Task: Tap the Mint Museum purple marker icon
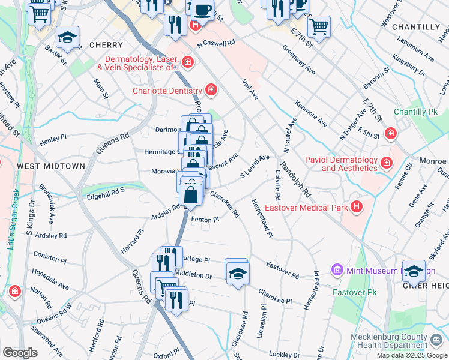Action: (x=336, y=271)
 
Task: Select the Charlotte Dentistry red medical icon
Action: (x=211, y=91)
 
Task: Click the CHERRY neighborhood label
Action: (x=106, y=45)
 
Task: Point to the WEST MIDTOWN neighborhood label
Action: (x=50, y=166)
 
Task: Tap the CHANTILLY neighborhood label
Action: (x=415, y=27)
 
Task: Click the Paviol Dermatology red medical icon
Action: (x=386, y=161)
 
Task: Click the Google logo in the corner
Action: (x=20, y=353)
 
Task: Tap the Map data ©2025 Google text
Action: (x=412, y=355)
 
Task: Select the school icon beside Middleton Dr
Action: (x=237, y=273)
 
